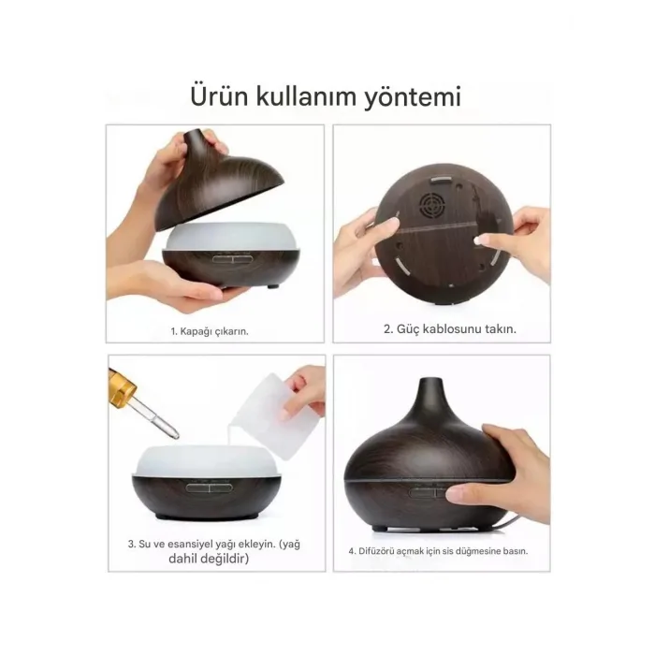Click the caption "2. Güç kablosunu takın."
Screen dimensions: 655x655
(450, 329)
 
